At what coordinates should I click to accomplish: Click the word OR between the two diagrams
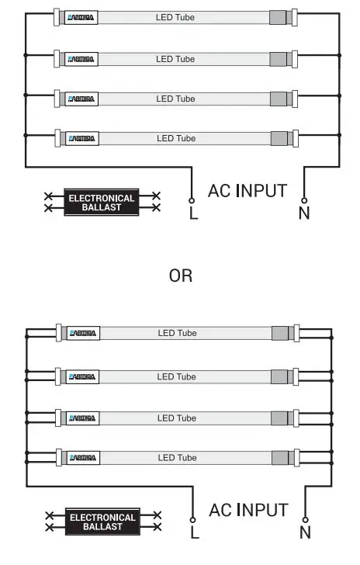pyautogui.click(x=181, y=276)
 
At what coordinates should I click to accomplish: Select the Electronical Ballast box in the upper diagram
pyautogui.click(x=102, y=203)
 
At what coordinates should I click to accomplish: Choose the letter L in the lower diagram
pyautogui.click(x=194, y=533)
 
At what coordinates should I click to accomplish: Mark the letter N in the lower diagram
pyautogui.click(x=305, y=533)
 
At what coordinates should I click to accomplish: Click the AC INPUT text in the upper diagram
pyautogui.click(x=247, y=190)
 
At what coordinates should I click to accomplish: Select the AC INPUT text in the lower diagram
pyautogui.click(x=248, y=510)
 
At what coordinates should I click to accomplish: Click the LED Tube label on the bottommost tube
pyautogui.click(x=177, y=458)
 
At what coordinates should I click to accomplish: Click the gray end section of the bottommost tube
pyautogui.click(x=281, y=458)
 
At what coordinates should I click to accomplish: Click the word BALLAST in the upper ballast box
pyautogui.click(x=102, y=207)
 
